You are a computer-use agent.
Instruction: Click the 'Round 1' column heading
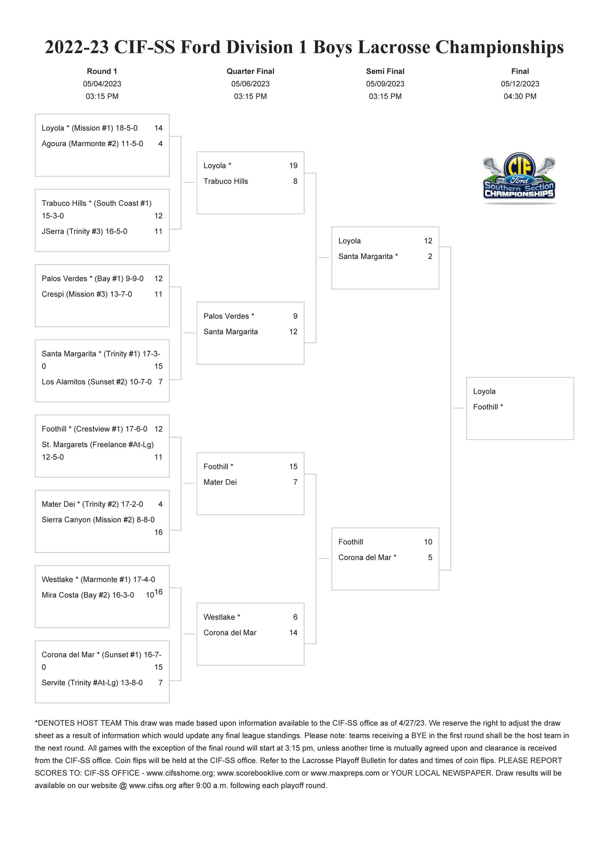pos(102,71)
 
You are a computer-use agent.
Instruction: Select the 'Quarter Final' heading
pos(250,71)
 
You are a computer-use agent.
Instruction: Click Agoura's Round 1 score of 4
pos(161,144)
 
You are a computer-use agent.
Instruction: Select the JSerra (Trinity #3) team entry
pos(84,231)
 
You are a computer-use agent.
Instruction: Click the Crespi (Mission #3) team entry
pos(87,294)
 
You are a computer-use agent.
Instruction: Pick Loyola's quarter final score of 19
pos(293,166)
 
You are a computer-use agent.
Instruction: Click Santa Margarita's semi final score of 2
pos(430,257)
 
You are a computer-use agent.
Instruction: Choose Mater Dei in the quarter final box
pos(220,482)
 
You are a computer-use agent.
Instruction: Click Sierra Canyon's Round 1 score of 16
pos(158,532)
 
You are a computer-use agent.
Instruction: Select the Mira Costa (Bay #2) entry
pos(88,595)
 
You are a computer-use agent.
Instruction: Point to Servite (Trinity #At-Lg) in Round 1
pos(92,683)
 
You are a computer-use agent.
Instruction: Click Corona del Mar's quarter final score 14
pos(293,633)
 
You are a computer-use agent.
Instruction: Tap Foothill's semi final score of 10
pos(428,542)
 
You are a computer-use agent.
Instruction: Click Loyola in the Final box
pos(484,391)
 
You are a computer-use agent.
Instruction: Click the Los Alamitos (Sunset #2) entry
pos(96,382)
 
